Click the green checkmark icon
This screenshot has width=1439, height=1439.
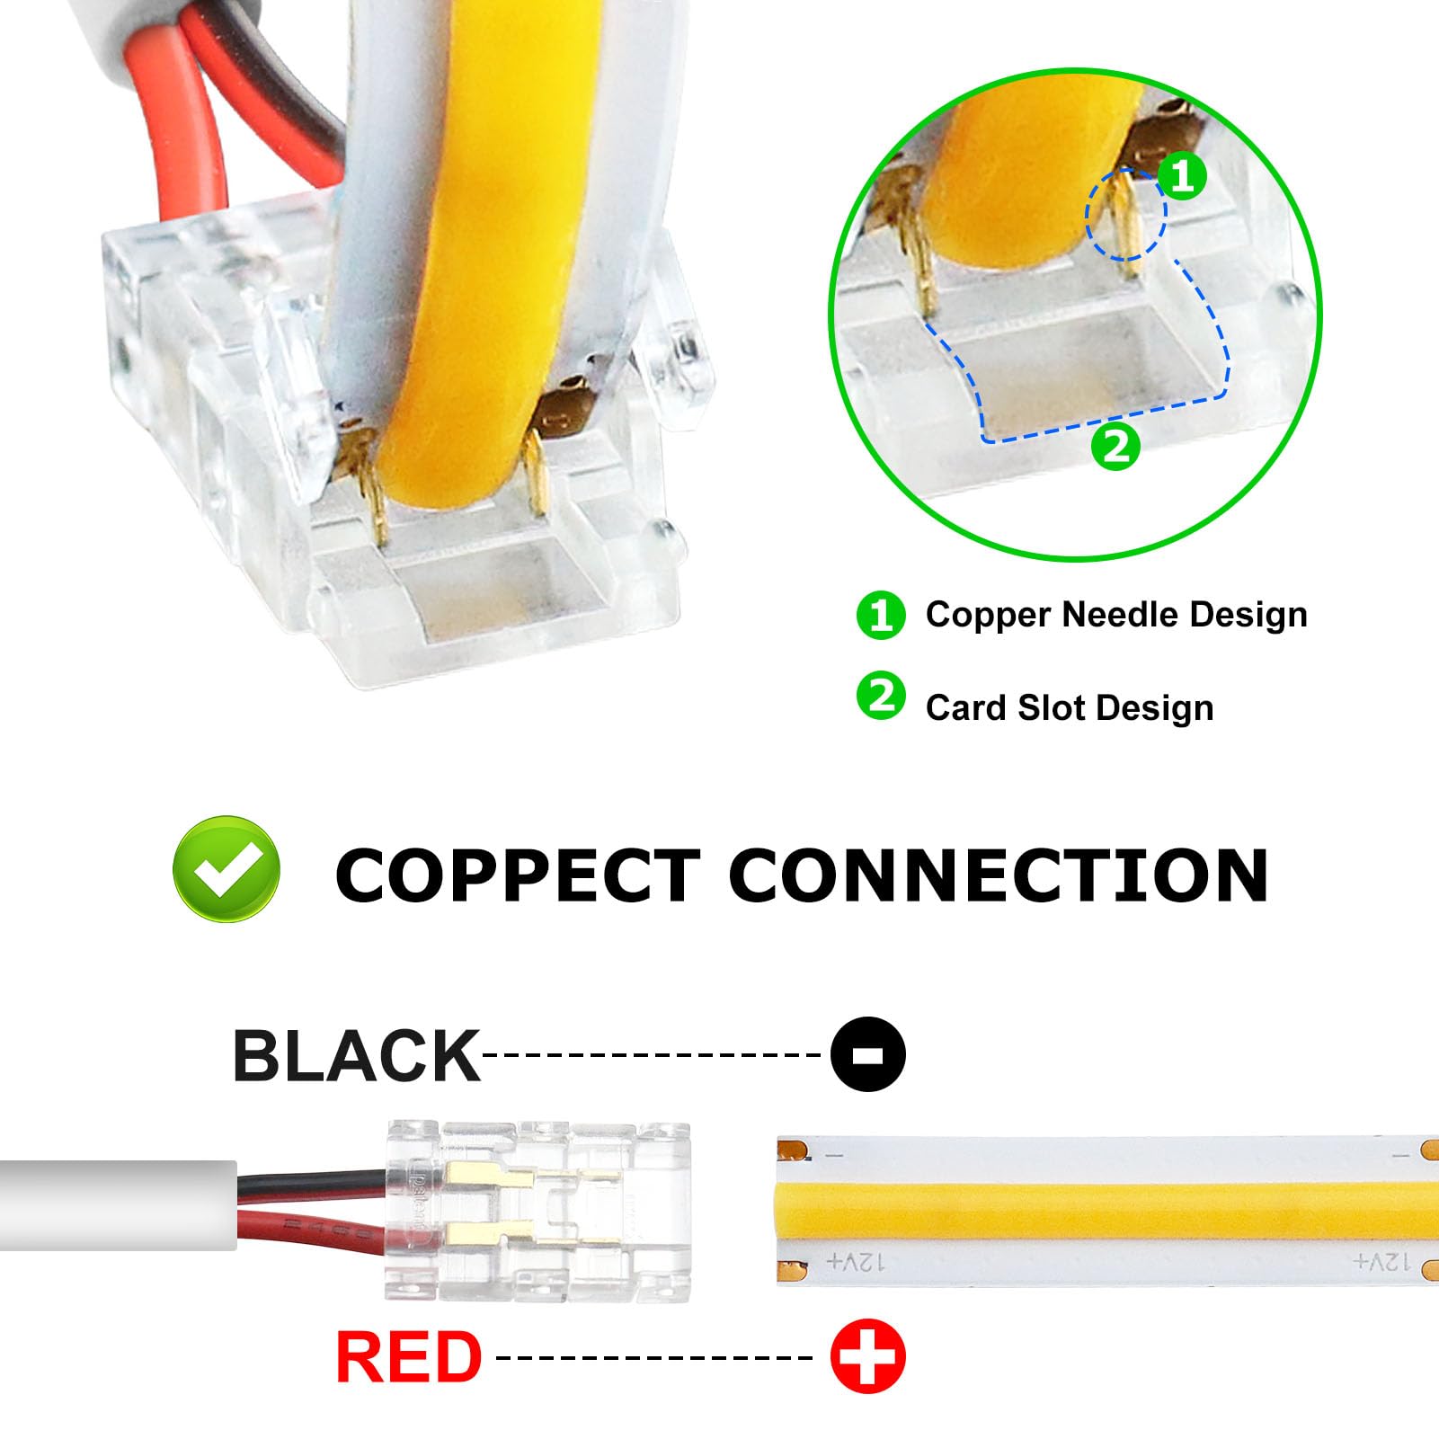pos(227,869)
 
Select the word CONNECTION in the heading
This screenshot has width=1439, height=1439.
pos(998,876)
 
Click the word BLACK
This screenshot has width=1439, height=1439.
pos(356,1056)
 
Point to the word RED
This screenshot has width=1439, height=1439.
pos(409,1357)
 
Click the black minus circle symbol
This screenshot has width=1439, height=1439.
pos(867,1054)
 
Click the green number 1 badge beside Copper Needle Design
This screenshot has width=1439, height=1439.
pos(880,616)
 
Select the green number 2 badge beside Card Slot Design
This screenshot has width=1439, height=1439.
pos(881,697)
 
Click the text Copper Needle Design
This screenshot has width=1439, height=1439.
pos(1116,615)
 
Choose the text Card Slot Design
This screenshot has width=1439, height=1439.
pos(1070,708)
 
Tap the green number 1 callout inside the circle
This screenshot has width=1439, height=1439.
pos(1181,175)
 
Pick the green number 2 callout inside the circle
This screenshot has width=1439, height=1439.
pos(1115,446)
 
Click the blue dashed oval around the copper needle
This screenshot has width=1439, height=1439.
pos(1125,214)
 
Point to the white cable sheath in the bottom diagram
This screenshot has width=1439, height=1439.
pos(117,1205)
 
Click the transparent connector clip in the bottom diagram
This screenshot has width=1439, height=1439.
pos(537,1211)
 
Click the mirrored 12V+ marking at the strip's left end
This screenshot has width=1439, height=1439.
pos(855,1263)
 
